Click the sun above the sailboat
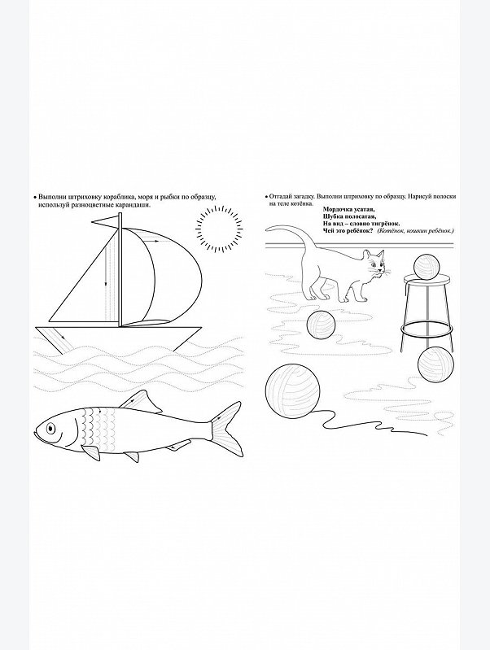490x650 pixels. [220, 229]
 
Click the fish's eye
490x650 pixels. [50, 427]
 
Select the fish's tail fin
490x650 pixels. [226, 428]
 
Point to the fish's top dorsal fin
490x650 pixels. [139, 402]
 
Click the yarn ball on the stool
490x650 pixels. [427, 268]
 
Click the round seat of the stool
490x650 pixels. [427, 279]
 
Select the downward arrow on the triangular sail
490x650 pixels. [106, 265]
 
